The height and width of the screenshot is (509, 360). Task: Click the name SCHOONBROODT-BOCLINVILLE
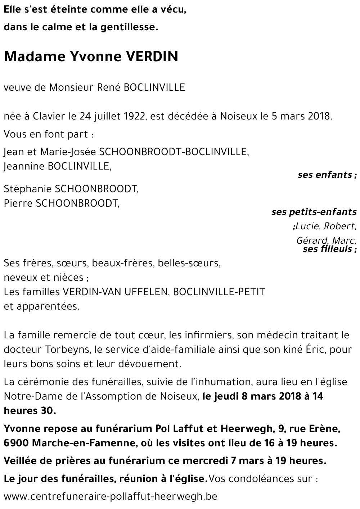pos(174,152)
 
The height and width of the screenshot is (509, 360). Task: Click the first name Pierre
pos(18,203)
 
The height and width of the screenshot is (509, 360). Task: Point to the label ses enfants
pos(325,175)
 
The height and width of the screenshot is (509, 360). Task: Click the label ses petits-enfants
pos(314,212)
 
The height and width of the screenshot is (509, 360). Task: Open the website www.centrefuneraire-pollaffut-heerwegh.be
pos(111,497)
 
